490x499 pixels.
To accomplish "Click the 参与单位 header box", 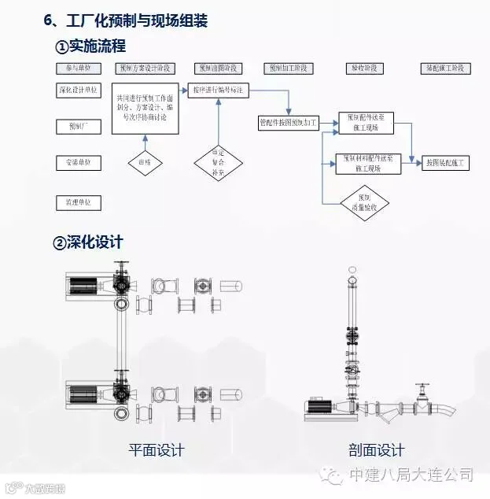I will [78, 68].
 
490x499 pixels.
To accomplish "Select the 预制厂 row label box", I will [78, 126].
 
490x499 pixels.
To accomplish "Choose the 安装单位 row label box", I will [78, 163].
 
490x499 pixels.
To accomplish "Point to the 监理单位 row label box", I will [78, 202].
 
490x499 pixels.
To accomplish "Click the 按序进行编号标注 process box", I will [221, 91].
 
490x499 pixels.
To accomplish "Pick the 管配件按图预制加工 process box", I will [289, 123].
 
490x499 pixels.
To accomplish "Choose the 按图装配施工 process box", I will [446, 163].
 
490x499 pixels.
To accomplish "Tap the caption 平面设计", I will [157, 450].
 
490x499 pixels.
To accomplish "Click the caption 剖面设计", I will [377, 450].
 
